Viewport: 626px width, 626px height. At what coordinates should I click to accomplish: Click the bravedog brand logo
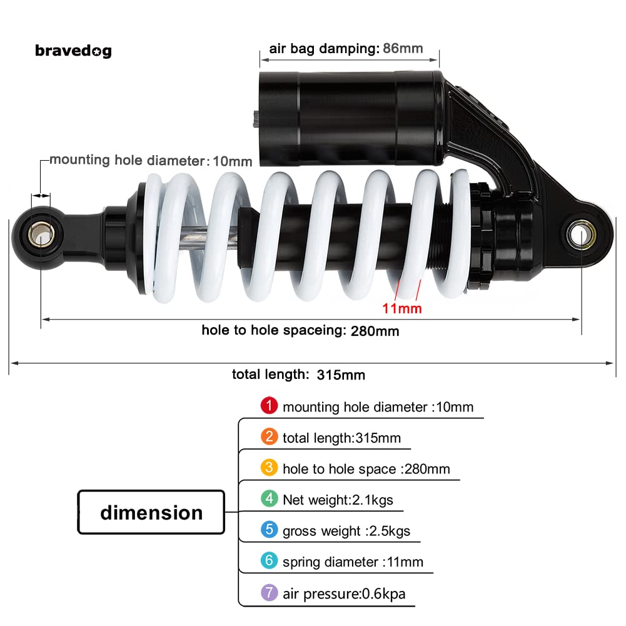[x=73, y=51]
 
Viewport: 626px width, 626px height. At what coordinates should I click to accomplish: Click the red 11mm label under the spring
[x=402, y=308]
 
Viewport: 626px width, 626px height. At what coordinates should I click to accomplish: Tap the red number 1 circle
[x=269, y=406]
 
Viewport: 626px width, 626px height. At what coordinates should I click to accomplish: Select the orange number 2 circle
[x=269, y=437]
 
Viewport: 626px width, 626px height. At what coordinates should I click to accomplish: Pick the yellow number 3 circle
[x=269, y=468]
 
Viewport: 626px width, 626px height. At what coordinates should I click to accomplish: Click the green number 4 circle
[x=269, y=498]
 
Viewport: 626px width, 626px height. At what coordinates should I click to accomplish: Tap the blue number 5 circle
[x=269, y=530]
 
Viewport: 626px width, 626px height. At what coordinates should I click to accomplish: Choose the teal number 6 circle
[x=269, y=561]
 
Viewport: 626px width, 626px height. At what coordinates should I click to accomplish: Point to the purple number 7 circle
[x=269, y=592]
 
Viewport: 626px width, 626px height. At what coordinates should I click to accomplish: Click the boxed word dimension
[x=151, y=513]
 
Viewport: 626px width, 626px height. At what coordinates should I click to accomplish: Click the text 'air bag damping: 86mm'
[x=346, y=49]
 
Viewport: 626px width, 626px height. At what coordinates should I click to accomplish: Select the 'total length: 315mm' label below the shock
[x=298, y=375]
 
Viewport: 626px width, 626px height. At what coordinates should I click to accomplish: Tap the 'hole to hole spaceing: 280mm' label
[x=300, y=330]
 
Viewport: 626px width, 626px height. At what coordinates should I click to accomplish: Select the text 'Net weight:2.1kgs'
[x=338, y=500]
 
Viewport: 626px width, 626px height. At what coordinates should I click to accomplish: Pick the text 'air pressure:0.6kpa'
[x=344, y=593]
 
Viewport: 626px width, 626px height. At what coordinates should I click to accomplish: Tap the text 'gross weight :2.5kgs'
[x=346, y=531]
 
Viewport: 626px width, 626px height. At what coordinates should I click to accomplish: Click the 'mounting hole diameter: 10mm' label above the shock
[x=151, y=160]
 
